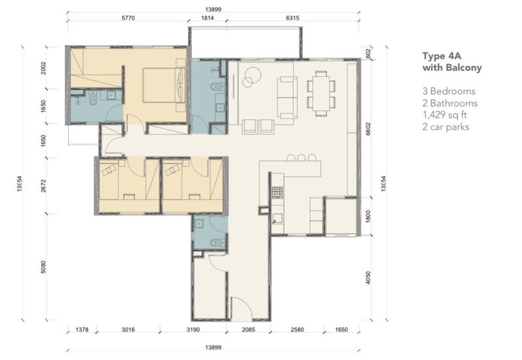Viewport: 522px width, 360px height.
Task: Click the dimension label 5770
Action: tap(128, 18)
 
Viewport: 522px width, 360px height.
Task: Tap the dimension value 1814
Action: tap(207, 18)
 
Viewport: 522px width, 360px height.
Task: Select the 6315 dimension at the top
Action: tap(292, 18)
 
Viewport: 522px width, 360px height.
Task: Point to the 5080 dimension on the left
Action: tap(43, 267)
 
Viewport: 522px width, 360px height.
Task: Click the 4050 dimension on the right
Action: tap(368, 278)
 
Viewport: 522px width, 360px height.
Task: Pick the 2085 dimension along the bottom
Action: tap(249, 330)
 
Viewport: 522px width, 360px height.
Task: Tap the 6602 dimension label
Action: tap(368, 128)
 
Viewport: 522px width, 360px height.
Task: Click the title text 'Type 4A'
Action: tap(442, 56)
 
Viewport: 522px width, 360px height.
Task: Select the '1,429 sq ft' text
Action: tap(445, 115)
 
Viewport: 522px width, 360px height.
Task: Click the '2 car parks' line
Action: tap(446, 127)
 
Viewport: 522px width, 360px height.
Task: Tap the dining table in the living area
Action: tap(321, 93)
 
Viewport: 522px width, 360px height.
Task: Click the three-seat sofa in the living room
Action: tap(287, 97)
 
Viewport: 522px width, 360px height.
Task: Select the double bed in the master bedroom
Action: tap(164, 85)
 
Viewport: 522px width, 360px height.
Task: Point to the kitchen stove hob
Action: tap(277, 192)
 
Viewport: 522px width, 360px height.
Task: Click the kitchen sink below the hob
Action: tap(277, 218)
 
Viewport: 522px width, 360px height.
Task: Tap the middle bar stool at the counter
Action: tap(301, 157)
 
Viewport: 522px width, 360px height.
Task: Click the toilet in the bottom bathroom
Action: tap(218, 243)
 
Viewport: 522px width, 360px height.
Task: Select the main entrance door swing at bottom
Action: tap(241, 308)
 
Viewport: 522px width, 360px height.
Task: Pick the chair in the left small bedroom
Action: tap(109, 170)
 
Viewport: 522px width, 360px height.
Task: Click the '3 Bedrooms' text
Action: tap(449, 91)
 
